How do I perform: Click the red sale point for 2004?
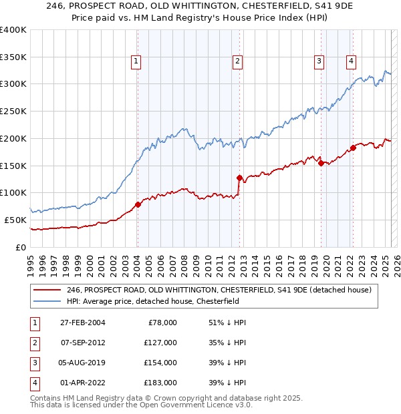pos(138,204)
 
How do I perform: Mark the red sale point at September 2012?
pos(239,178)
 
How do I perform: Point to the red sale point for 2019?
pos(321,163)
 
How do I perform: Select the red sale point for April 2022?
pos(352,148)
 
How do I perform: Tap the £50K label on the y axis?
pos(15,220)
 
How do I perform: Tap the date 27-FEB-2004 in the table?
pos(82,323)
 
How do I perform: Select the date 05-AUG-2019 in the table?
pos(82,363)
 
